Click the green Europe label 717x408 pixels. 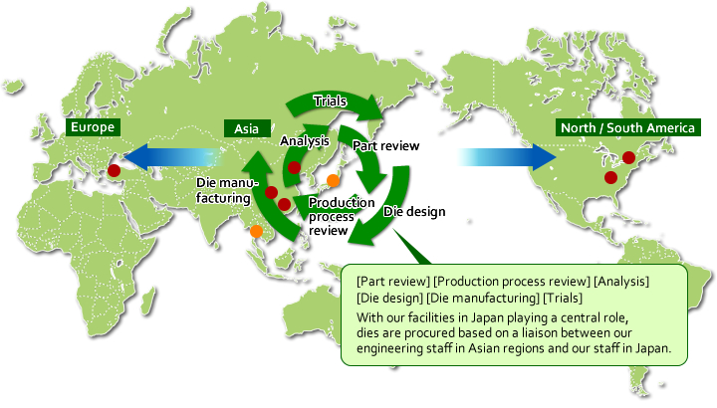click(x=93, y=127)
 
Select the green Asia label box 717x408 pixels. click(x=247, y=128)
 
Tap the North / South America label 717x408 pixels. click(x=627, y=127)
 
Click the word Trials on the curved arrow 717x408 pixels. click(x=330, y=101)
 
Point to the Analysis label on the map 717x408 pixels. click(x=305, y=140)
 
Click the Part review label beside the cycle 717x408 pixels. click(x=386, y=145)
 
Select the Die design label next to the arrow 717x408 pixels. click(x=414, y=211)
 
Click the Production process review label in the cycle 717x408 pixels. click(x=342, y=216)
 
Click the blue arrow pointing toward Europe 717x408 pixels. click(x=173, y=156)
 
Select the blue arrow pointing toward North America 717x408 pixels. click(x=507, y=156)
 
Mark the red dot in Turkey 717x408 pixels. click(x=114, y=171)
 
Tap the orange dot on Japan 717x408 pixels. click(x=333, y=180)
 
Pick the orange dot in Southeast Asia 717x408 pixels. click(x=256, y=231)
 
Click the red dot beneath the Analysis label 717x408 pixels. click(x=294, y=167)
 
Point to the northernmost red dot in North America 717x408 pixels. click(x=628, y=157)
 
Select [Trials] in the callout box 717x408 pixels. click(x=563, y=298)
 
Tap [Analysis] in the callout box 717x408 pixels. click(x=621, y=281)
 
